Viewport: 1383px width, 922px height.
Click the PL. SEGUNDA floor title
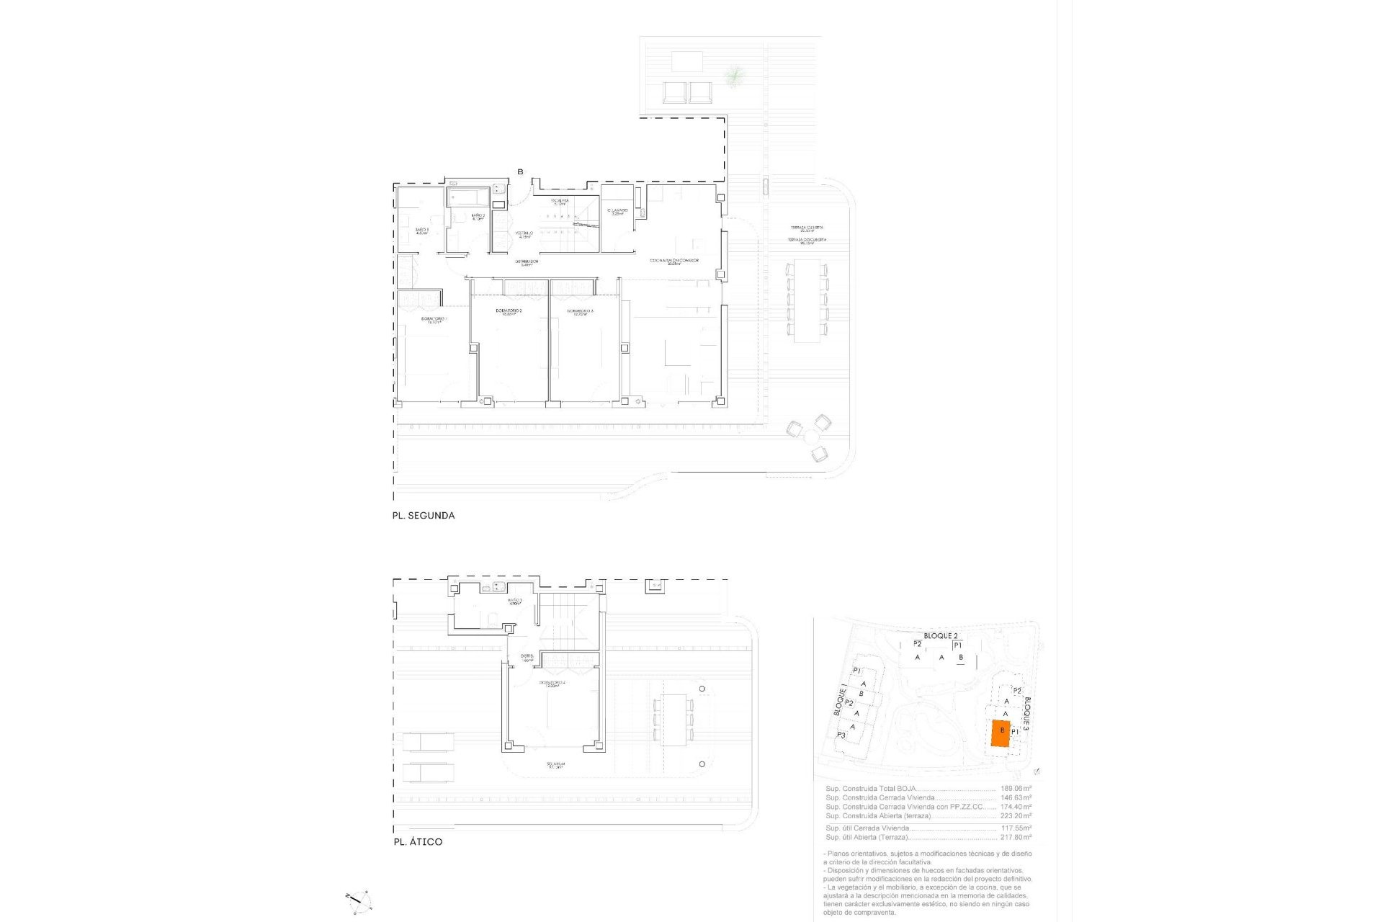pyautogui.click(x=423, y=516)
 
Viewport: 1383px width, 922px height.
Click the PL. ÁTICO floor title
pyautogui.click(x=418, y=841)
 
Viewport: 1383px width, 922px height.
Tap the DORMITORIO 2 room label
pyautogui.click(x=509, y=312)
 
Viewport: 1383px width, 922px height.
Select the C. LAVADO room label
pyautogui.click(x=617, y=212)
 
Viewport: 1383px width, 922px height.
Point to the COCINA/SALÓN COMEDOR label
pyautogui.click(x=674, y=261)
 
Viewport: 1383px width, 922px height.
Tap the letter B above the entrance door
pyautogui.click(x=520, y=171)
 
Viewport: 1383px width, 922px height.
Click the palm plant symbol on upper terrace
pyautogui.click(x=733, y=75)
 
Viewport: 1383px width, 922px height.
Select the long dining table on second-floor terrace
pyautogui.click(x=807, y=300)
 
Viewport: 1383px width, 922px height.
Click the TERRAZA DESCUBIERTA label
pyautogui.click(x=806, y=241)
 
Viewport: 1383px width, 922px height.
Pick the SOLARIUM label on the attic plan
pyautogui.click(x=555, y=765)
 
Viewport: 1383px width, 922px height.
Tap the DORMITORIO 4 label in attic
pyautogui.click(x=552, y=684)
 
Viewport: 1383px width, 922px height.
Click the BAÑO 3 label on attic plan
pyautogui.click(x=514, y=601)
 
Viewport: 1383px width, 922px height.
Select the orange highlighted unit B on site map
pyautogui.click(x=1001, y=733)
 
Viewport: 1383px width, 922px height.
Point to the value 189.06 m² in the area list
pyautogui.click(x=1016, y=789)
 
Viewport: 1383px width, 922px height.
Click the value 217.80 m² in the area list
pyautogui.click(x=1016, y=837)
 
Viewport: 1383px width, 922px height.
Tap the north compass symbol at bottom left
pyautogui.click(x=359, y=900)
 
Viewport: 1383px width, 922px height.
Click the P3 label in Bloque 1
pyautogui.click(x=841, y=735)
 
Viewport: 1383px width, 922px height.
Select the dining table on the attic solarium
pyautogui.click(x=673, y=720)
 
